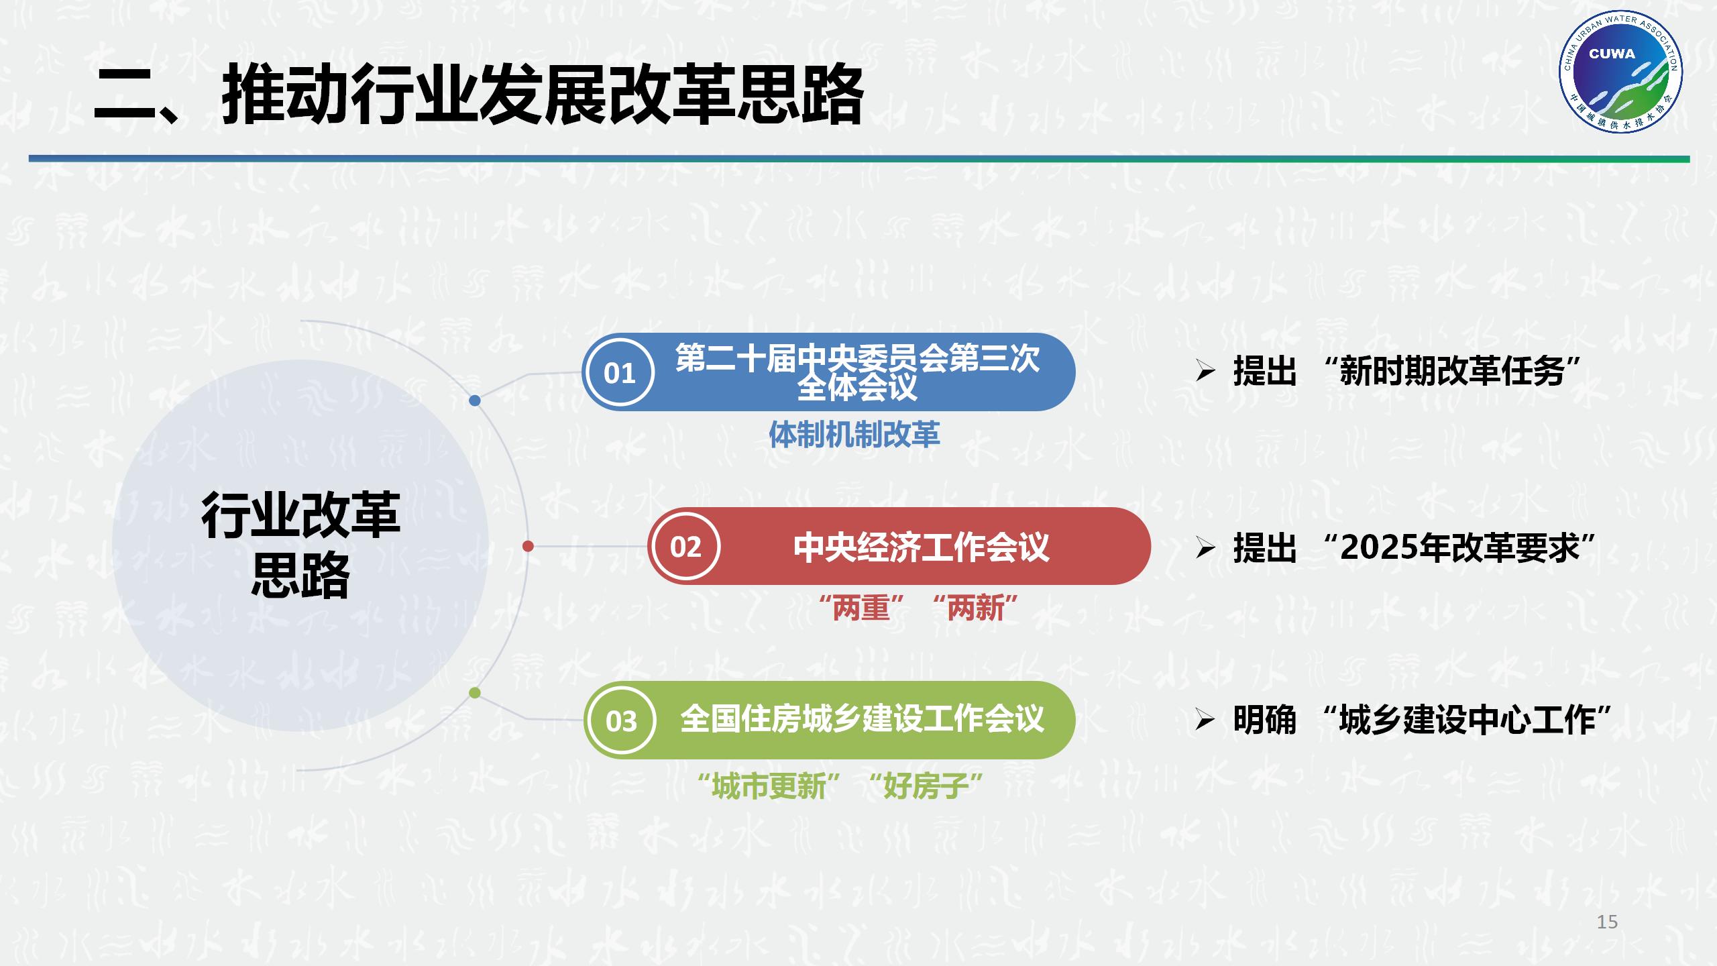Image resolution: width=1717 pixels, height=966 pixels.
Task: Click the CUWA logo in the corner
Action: (x=1620, y=74)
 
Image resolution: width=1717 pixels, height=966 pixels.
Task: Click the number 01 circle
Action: (x=619, y=373)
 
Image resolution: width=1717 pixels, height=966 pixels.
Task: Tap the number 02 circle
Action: (x=685, y=547)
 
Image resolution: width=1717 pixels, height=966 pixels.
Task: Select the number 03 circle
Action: (x=620, y=721)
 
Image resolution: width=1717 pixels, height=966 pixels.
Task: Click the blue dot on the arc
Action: (x=475, y=400)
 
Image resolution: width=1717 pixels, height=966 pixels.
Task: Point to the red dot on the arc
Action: (x=528, y=546)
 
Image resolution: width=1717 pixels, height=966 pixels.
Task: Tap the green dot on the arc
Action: (x=475, y=693)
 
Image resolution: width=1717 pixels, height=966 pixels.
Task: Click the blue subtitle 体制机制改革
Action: (x=854, y=435)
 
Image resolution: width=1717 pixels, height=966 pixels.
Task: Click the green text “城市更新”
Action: (x=769, y=786)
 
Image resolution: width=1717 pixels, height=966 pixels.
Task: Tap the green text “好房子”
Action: (x=925, y=786)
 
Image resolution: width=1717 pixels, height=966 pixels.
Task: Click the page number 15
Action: (x=1607, y=922)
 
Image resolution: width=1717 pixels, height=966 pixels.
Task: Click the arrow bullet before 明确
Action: (x=1205, y=720)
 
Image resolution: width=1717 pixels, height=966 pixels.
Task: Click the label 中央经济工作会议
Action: (x=921, y=547)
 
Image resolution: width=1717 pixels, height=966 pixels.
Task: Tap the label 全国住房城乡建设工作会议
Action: (x=862, y=719)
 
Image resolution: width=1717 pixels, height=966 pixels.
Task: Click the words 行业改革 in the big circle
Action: (x=300, y=515)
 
